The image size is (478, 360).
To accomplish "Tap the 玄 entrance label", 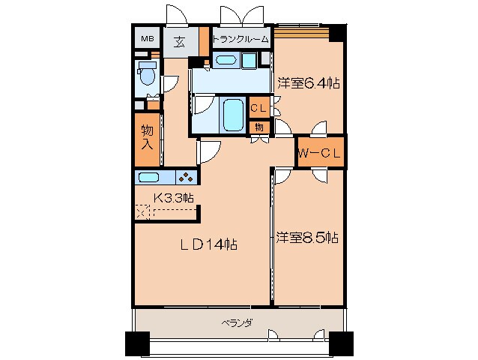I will pos(181,41).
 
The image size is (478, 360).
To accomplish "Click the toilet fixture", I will pos(146,75).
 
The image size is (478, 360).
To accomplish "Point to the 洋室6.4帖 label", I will pos(308,82).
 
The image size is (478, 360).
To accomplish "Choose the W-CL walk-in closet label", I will pos(320,154).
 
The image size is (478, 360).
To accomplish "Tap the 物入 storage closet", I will pos(148,139).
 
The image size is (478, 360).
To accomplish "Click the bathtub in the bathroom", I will pos(233,114).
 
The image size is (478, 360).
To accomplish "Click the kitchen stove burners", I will pos(184,178).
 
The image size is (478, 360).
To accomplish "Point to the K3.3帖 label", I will pos(174,198).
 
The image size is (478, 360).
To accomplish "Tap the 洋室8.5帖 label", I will pos(306,238).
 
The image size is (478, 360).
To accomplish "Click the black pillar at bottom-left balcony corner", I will pos(136,344).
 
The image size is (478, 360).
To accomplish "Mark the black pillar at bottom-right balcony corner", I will pos(342,344).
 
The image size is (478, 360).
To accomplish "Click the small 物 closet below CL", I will pos(259,127).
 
